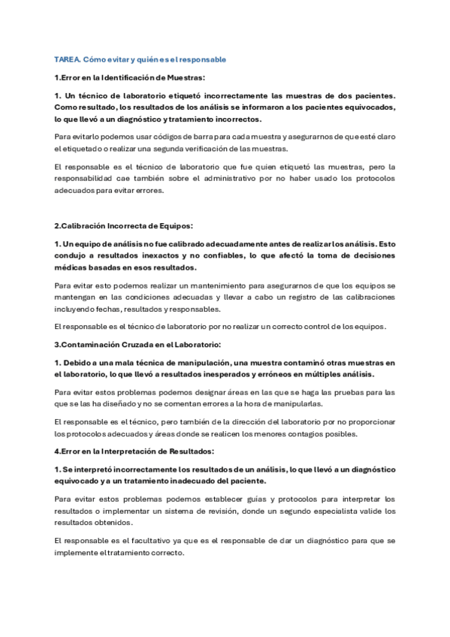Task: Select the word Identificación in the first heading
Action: pyautogui.click(x=136, y=77)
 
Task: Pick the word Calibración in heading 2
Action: pyautogui.click(x=83, y=226)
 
